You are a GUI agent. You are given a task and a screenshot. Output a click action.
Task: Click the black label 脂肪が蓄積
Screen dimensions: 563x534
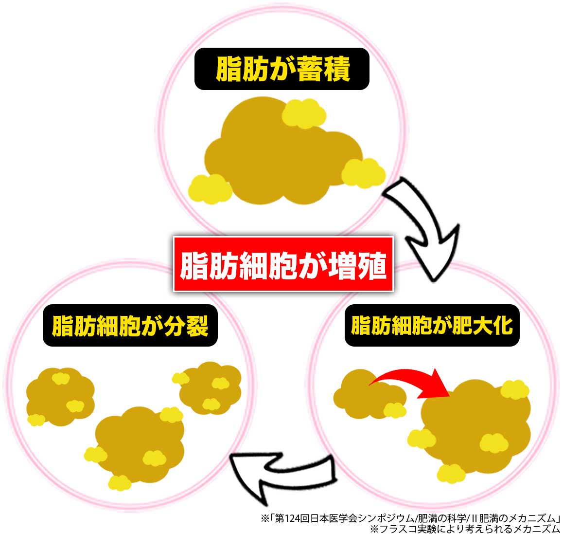click(x=282, y=69)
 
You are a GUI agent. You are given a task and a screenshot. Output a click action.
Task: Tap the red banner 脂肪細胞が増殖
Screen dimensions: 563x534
click(x=283, y=264)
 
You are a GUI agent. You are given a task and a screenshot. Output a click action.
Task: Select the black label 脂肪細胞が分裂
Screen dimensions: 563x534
click(x=130, y=326)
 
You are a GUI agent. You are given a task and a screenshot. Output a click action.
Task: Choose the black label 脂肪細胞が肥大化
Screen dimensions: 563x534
click(x=432, y=326)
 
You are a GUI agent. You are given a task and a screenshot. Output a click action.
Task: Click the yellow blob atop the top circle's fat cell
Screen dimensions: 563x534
click(x=304, y=113)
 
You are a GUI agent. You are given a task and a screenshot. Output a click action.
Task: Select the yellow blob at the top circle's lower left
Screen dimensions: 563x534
click(x=210, y=189)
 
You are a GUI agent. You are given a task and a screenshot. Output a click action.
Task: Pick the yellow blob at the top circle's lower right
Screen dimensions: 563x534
click(x=363, y=173)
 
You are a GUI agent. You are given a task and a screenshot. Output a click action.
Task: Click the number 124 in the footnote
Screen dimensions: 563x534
click(x=292, y=518)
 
